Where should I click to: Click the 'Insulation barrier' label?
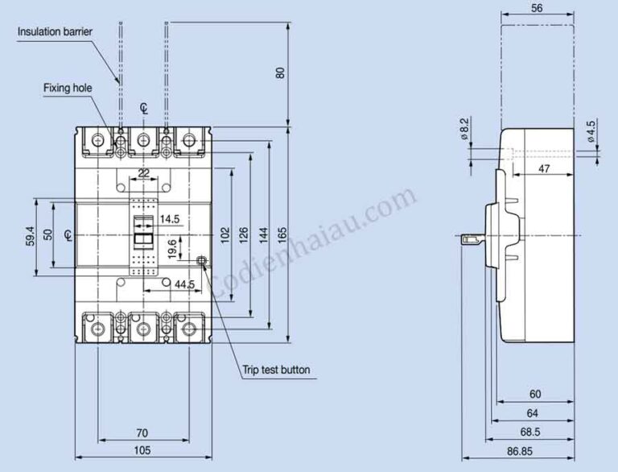(55, 31)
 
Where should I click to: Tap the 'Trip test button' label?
(276, 371)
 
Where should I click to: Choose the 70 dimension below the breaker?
(141, 432)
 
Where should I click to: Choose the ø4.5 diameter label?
(591, 131)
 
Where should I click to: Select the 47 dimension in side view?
(543, 169)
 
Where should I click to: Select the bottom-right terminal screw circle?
(189, 329)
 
